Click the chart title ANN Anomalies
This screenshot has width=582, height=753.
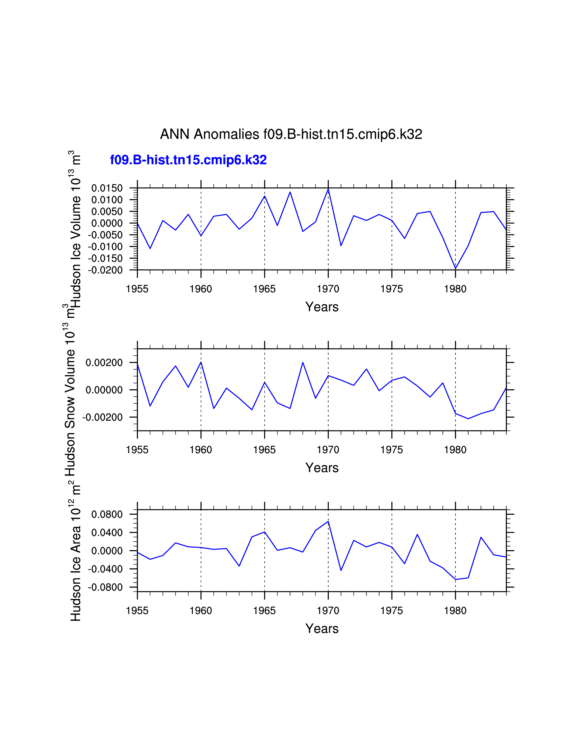(x=291, y=134)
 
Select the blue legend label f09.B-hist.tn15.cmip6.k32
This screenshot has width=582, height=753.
(x=188, y=160)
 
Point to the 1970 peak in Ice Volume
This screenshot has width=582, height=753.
(x=328, y=189)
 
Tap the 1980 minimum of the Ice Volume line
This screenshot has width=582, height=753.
(x=456, y=268)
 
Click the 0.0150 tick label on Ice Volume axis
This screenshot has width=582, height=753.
(x=107, y=188)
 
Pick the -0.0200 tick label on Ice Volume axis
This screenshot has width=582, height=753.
(x=105, y=270)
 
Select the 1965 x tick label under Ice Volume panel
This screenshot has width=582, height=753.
(x=265, y=289)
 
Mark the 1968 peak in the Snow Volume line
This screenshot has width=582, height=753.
(x=303, y=362)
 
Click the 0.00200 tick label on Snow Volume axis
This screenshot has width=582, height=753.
(x=104, y=363)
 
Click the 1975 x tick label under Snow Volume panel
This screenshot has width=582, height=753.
(x=392, y=450)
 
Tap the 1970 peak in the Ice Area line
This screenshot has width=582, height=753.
(x=328, y=521)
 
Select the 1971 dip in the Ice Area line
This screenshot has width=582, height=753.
(x=341, y=570)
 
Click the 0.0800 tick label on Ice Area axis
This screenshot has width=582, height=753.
(x=107, y=514)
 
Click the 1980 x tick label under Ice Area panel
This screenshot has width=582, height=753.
(x=455, y=611)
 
